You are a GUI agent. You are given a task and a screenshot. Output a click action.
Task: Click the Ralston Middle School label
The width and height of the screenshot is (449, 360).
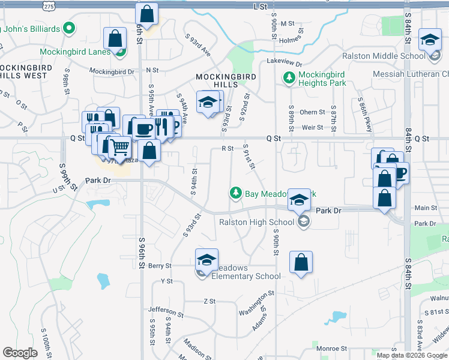tap(383, 56)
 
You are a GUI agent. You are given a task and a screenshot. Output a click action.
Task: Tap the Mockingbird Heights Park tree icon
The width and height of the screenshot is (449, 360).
tap(289, 77)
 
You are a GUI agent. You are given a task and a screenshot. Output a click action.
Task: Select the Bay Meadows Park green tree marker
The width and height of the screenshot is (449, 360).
tap(236, 193)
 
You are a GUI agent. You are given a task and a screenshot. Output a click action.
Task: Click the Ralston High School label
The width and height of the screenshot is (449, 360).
tap(256, 222)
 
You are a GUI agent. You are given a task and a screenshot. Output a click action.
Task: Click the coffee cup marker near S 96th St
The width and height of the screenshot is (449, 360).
tap(144, 128)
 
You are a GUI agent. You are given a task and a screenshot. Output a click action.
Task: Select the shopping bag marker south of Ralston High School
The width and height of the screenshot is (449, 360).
tap(301, 262)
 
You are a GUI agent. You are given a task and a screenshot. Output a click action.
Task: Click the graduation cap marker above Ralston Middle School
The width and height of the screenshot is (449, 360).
tap(430, 40)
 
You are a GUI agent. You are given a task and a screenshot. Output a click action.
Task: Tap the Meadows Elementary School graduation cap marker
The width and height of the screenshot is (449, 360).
tap(206, 260)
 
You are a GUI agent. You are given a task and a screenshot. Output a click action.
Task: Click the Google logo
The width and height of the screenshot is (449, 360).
tap(20, 352)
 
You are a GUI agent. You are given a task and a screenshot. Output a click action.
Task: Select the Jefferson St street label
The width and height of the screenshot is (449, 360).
tap(166, 311)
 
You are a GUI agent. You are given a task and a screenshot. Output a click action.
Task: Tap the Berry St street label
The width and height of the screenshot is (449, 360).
tap(160, 265)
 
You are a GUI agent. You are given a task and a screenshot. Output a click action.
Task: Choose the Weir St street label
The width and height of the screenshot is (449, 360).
tap(313, 127)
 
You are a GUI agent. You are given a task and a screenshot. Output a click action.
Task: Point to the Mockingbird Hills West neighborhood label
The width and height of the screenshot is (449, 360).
tap(24, 72)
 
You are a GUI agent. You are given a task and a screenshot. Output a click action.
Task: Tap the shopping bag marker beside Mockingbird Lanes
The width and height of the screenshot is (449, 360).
tap(115, 39)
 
